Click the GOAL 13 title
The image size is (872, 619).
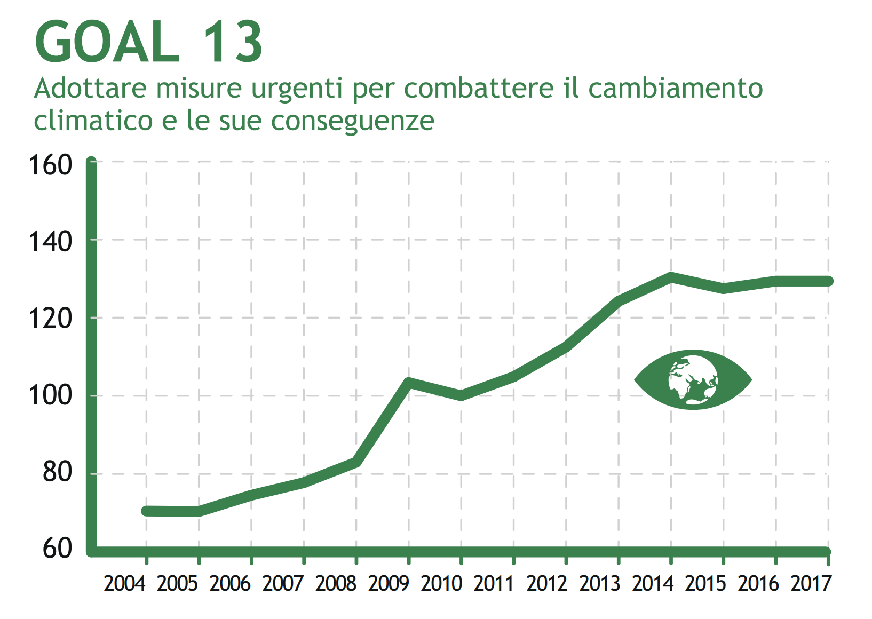pyautogui.click(x=148, y=43)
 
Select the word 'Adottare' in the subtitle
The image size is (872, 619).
pyautogui.click(x=90, y=88)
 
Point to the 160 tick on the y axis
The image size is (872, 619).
pyautogui.click(x=50, y=165)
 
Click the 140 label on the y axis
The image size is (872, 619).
pyautogui.click(x=50, y=242)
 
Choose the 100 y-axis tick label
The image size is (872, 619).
pyautogui.click(x=50, y=395)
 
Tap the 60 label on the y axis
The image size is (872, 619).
pyautogui.click(x=57, y=549)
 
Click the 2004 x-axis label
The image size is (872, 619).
pyautogui.click(x=124, y=584)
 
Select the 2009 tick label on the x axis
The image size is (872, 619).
pyautogui.click(x=389, y=584)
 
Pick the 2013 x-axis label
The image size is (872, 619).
pyautogui.click(x=600, y=584)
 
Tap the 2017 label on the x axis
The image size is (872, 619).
pyautogui.click(x=811, y=584)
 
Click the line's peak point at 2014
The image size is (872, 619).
pyautogui.click(x=671, y=276)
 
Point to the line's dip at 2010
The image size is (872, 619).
pyautogui.click(x=461, y=396)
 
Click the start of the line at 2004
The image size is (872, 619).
pyautogui.click(x=146, y=511)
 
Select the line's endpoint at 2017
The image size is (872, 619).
pyautogui.click(x=828, y=281)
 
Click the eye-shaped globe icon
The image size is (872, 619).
pyautogui.click(x=693, y=380)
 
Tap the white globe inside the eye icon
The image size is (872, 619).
pyautogui.click(x=693, y=379)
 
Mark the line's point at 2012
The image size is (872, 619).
pyautogui.click(x=566, y=347)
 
